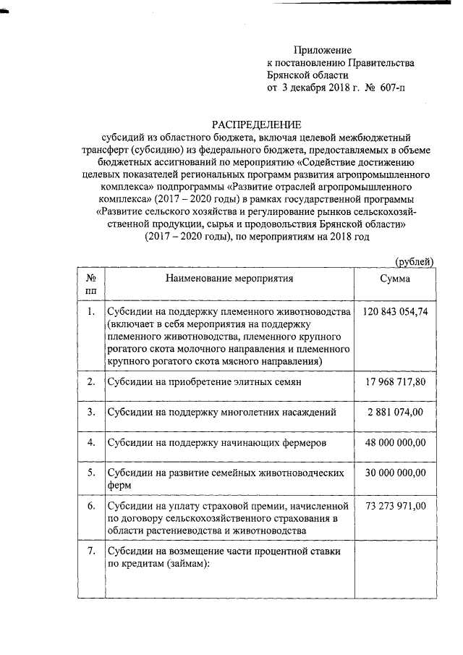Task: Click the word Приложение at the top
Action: (x=322, y=50)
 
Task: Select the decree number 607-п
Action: (x=391, y=88)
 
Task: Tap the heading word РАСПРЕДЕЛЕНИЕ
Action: (x=255, y=124)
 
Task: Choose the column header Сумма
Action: (x=395, y=278)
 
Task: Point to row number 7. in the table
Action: (x=91, y=552)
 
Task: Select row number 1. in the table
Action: (x=91, y=312)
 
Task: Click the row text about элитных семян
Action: (x=204, y=381)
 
